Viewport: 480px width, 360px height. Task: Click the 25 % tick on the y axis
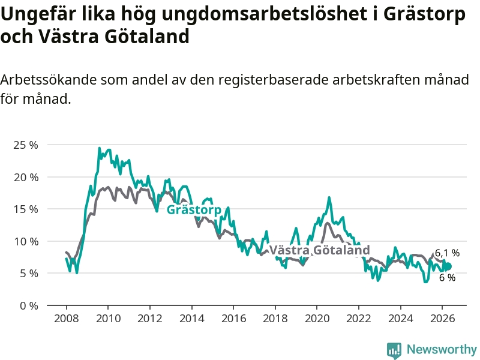coord(26,145)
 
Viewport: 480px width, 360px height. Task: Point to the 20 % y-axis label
coord(26,177)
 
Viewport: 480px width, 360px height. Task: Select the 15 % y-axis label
coord(26,209)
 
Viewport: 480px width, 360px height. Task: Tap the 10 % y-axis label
coord(26,242)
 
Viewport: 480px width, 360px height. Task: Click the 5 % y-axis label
coord(29,274)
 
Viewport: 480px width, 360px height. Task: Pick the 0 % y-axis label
coord(29,305)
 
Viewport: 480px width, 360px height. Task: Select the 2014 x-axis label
coord(191,319)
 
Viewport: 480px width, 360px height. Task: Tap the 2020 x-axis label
coord(317,319)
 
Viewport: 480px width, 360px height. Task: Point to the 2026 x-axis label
coord(442,319)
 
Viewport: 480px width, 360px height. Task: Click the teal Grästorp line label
coord(194,209)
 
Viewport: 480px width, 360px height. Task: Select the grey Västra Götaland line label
coord(319,250)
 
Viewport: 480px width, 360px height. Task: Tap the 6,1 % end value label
coord(447,253)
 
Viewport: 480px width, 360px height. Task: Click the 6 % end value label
coord(447,277)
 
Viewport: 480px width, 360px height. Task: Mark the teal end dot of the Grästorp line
coord(448,266)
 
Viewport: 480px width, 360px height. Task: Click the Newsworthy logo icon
coord(394,350)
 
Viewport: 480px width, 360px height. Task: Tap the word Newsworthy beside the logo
coord(442,349)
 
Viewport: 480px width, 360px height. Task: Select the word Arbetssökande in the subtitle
coord(48,80)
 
